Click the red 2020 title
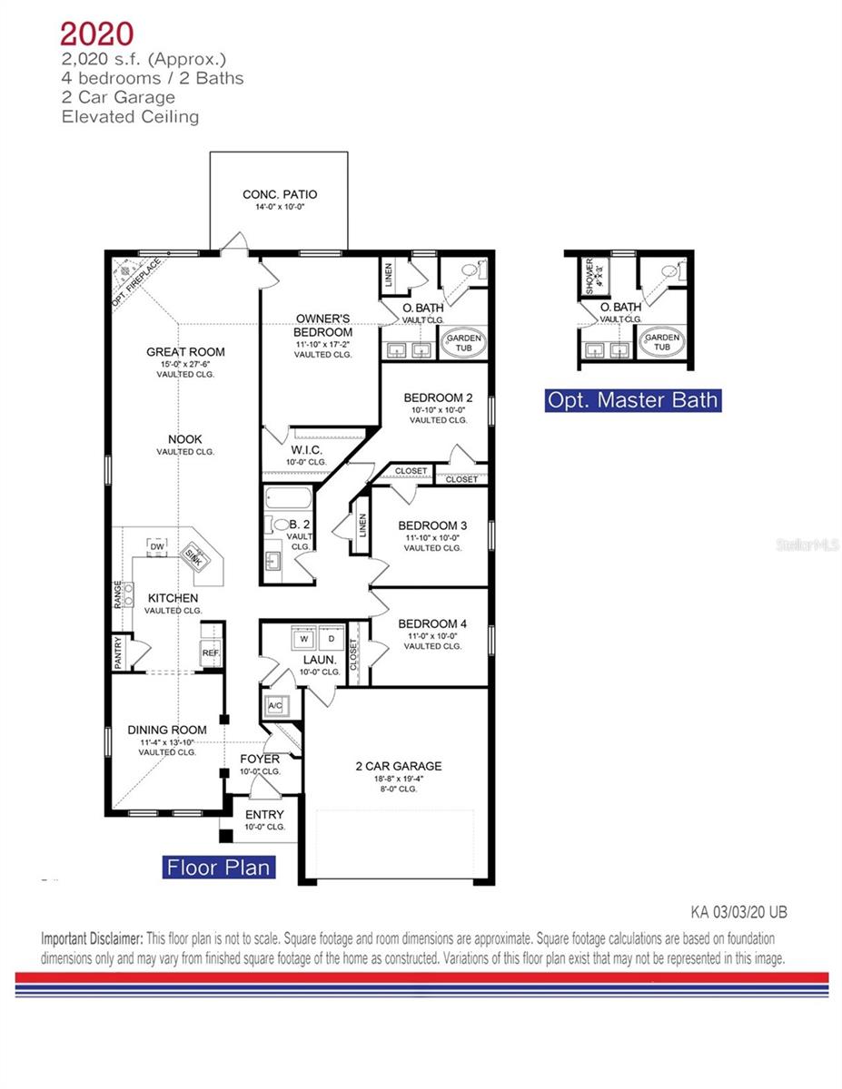point(96,34)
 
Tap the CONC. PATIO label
point(279,194)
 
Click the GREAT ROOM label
point(185,352)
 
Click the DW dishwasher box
point(157,547)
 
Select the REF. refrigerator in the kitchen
point(211,653)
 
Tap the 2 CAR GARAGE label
point(398,766)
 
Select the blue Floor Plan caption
point(218,868)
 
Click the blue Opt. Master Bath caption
point(632,399)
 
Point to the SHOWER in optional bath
point(589,274)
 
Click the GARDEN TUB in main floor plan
point(463,344)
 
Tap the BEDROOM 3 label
point(433,526)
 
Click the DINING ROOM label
point(167,730)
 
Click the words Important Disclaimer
point(92,937)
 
